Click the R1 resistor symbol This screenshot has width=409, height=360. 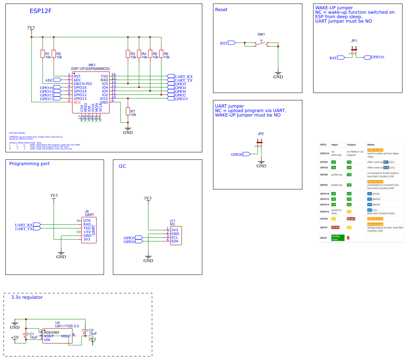[x=43, y=54]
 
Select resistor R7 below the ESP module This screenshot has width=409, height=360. [x=128, y=112]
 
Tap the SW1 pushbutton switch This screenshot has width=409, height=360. [x=261, y=44]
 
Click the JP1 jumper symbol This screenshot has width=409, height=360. [x=354, y=50]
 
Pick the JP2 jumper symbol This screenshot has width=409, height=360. [x=259, y=143]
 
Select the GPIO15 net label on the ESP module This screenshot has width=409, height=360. [x=181, y=99]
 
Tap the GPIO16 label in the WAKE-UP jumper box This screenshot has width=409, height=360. [x=377, y=57]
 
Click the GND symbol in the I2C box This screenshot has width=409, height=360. [x=148, y=258]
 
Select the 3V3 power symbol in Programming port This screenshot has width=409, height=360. [x=54, y=196]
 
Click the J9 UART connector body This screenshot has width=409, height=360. [x=89, y=230]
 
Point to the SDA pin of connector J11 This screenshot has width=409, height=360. [x=175, y=241]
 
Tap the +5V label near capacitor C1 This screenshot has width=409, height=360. [x=15, y=338]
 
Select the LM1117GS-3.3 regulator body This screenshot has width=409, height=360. [x=57, y=336]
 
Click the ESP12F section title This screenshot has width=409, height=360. [x=40, y=11]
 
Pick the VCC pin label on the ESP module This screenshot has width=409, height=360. [x=77, y=102]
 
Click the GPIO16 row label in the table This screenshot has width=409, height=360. [x=324, y=153]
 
